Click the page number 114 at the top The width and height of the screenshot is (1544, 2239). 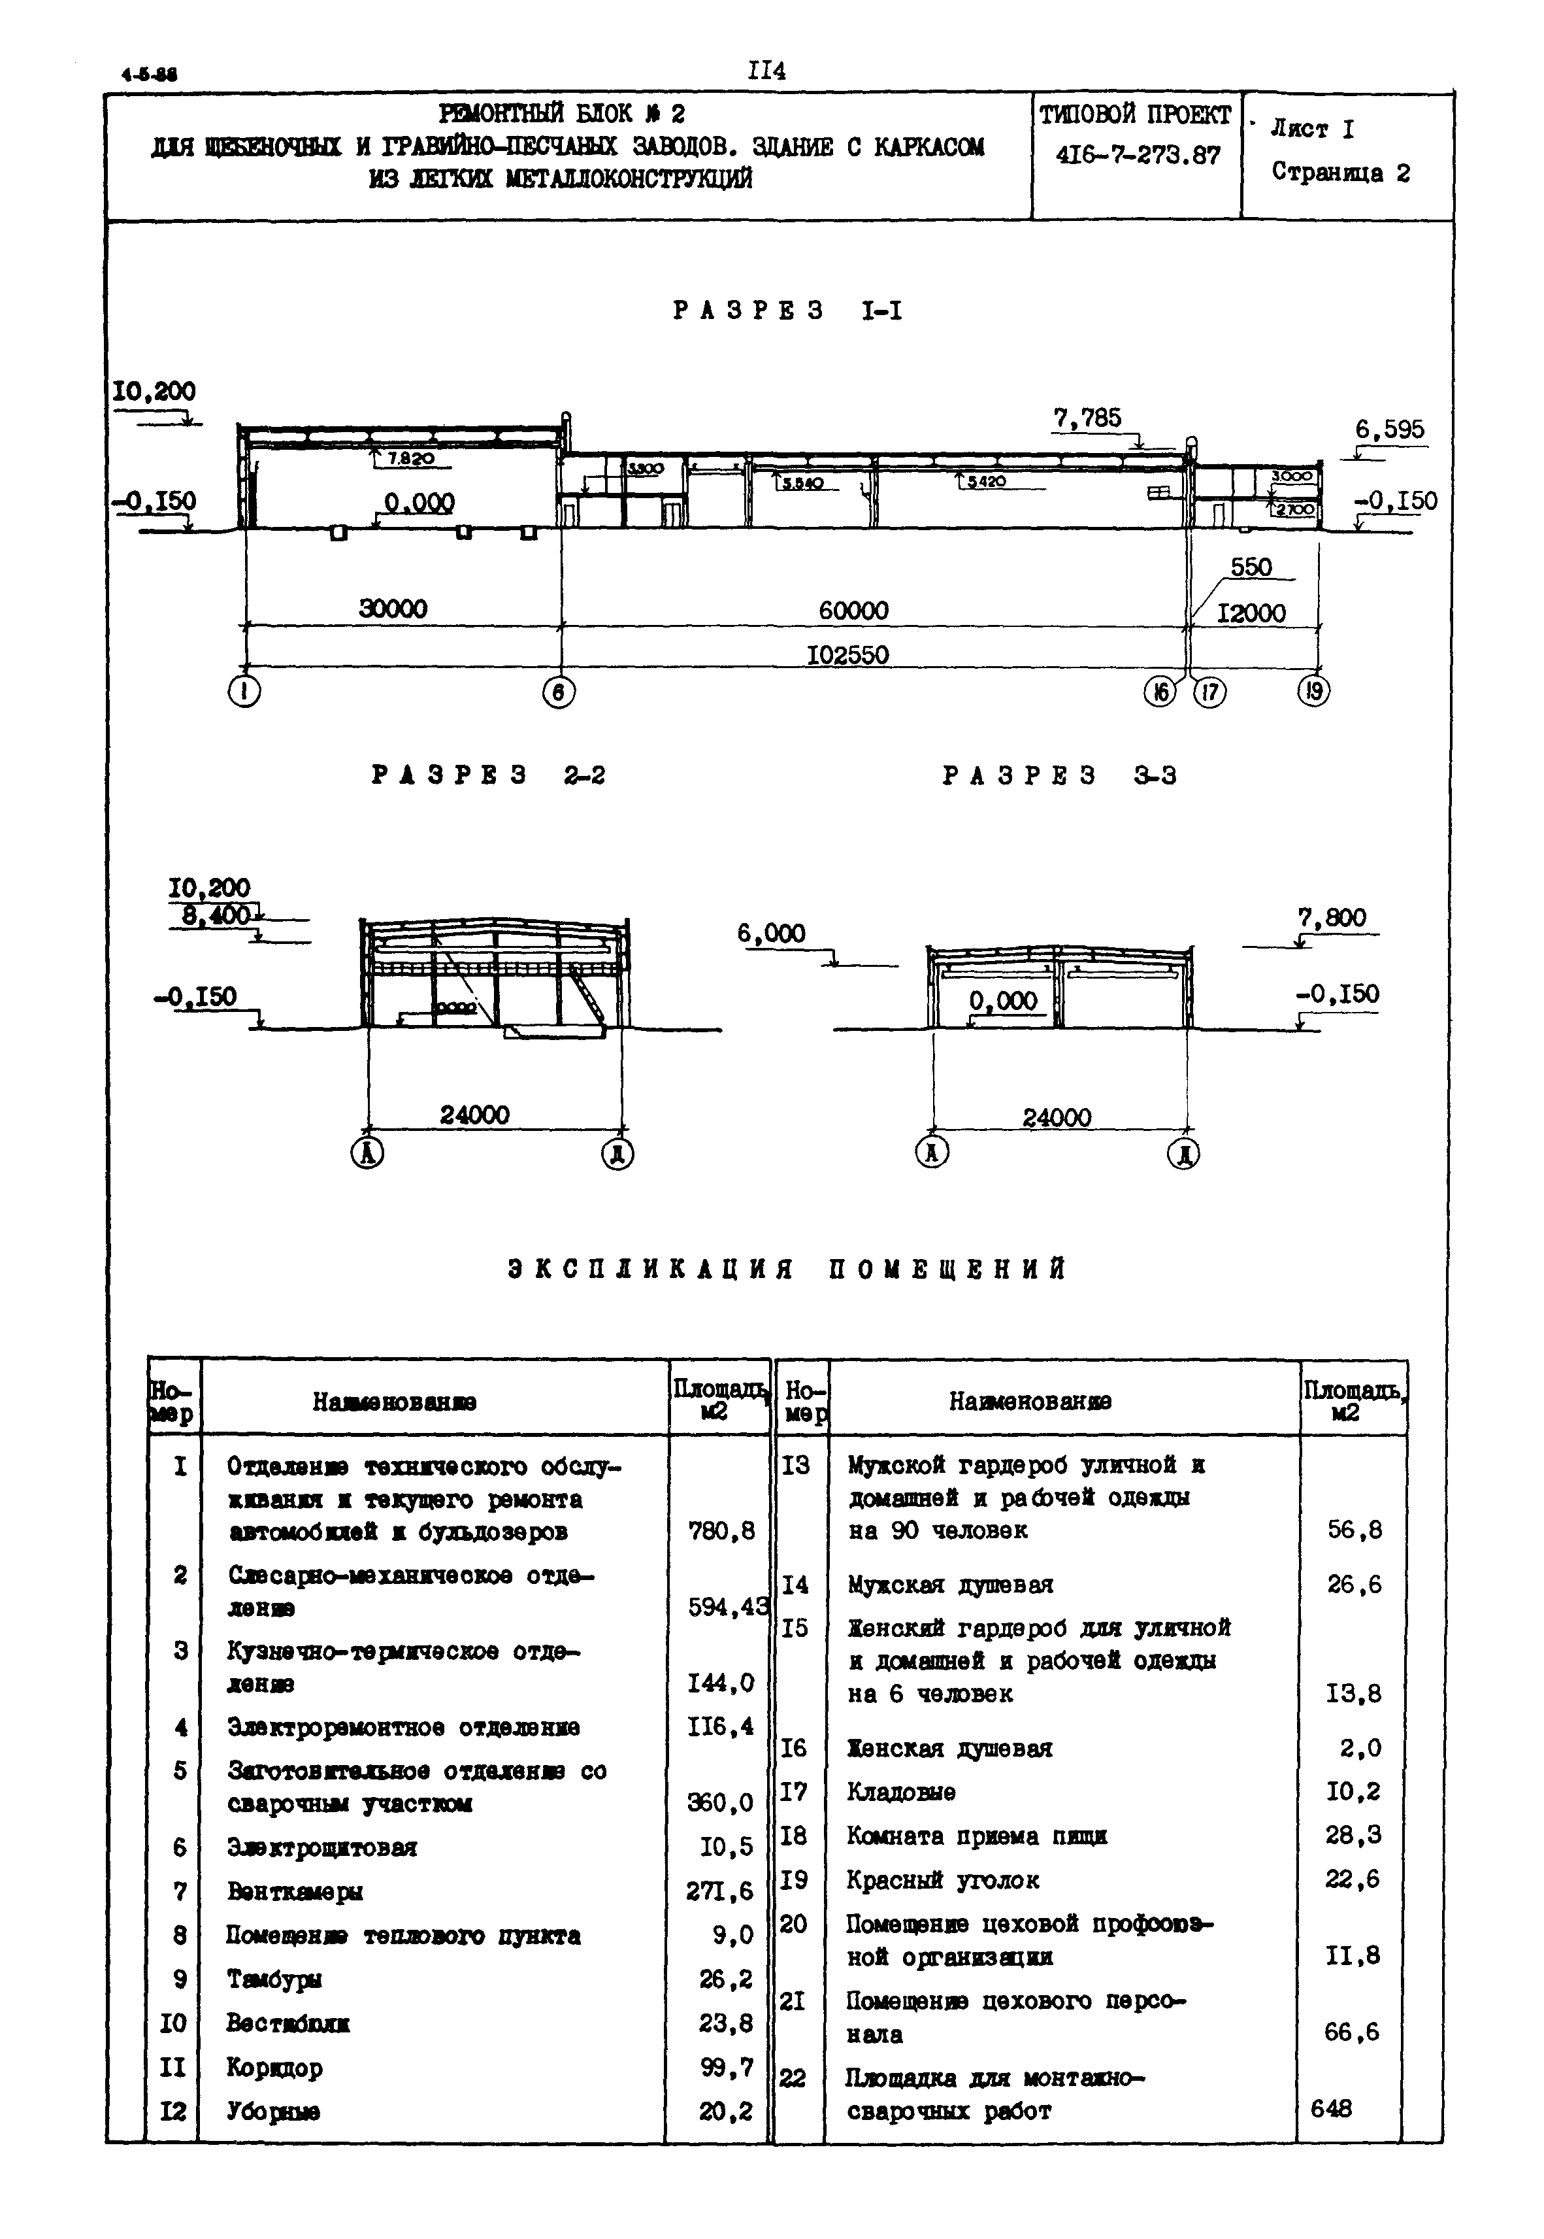click(x=766, y=71)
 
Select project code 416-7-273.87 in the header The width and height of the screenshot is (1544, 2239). click(x=1138, y=156)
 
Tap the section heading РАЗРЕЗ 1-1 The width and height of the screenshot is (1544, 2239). click(x=787, y=311)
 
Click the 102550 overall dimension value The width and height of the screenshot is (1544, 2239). click(x=847, y=655)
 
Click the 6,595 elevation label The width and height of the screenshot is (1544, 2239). click(x=1389, y=429)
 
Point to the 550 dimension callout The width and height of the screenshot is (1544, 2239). click(x=1250, y=567)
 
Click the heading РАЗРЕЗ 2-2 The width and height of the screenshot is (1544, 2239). click(x=489, y=775)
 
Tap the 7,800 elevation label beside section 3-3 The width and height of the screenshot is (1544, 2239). click(x=1332, y=917)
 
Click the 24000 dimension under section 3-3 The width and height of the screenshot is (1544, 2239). click(x=1057, y=1118)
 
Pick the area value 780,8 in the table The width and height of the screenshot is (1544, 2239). click(x=721, y=1531)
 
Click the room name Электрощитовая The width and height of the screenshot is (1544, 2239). click(x=322, y=1847)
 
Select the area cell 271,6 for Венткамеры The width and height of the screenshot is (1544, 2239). click(x=719, y=1890)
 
